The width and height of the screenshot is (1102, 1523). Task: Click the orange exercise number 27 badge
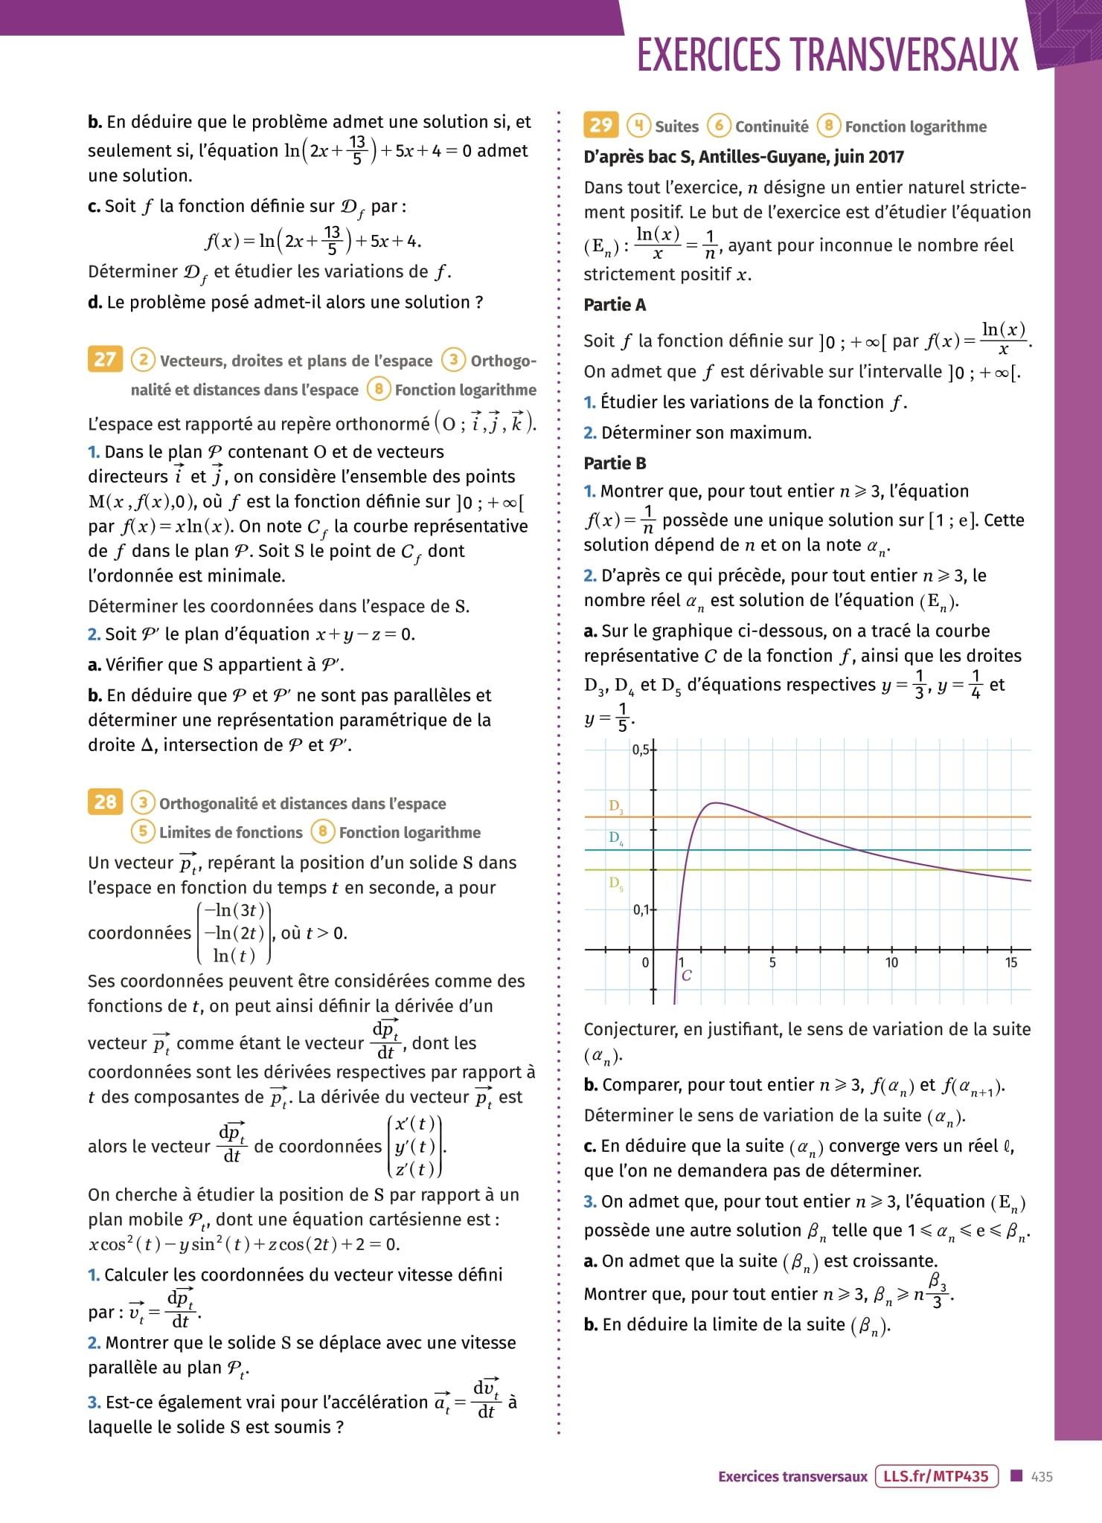click(105, 360)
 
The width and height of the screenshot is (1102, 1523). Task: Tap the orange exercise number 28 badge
click(105, 802)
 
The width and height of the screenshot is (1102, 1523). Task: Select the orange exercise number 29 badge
click(600, 125)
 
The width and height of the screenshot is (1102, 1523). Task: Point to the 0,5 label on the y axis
click(641, 750)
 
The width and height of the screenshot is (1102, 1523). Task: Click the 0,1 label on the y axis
click(641, 909)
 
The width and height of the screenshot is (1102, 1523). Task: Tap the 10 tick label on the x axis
click(891, 963)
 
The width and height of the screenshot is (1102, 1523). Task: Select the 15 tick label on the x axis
click(1010, 963)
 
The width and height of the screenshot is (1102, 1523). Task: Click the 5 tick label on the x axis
click(772, 963)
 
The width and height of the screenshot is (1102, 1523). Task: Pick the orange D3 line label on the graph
click(616, 806)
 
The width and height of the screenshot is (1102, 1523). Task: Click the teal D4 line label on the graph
click(616, 838)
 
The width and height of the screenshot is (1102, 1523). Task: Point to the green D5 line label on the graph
click(616, 883)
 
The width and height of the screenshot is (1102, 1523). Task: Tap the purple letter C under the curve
click(686, 976)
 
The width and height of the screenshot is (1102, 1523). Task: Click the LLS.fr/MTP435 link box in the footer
click(936, 1476)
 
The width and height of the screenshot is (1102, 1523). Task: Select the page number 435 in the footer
click(1042, 1477)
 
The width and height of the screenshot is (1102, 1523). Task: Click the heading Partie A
click(615, 305)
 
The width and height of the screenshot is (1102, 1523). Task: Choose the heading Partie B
click(615, 463)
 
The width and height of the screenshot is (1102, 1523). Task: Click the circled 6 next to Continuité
click(718, 126)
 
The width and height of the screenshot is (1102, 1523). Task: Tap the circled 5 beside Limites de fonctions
click(143, 831)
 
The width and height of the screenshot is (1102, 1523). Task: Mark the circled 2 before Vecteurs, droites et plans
click(143, 361)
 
